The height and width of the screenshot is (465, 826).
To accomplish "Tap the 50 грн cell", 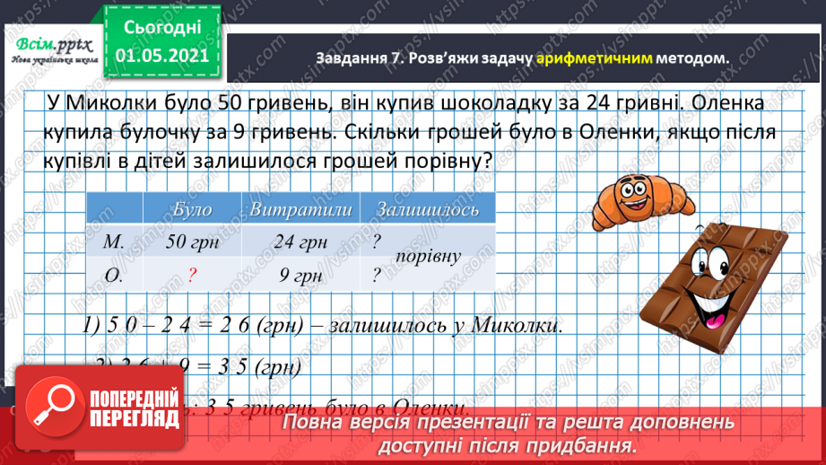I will [x=193, y=241].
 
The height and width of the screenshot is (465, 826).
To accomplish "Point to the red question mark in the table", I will [x=192, y=275].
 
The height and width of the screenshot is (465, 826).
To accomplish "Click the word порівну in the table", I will [x=431, y=256].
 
